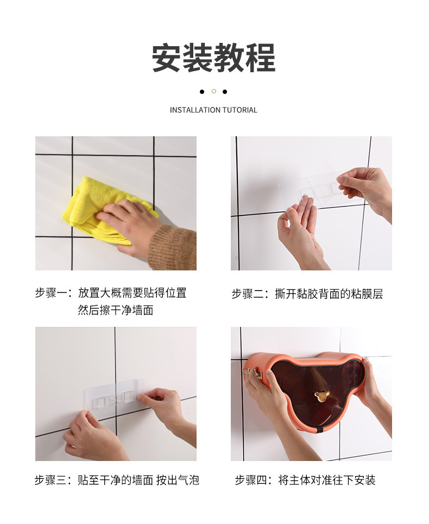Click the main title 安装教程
(213, 58)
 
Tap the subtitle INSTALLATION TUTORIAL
(213, 110)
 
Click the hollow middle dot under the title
(213, 91)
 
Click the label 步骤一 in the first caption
(51, 293)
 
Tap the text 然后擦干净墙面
(115, 311)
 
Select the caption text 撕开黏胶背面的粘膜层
(329, 294)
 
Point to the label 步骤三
(51, 480)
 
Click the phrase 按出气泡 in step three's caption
(178, 480)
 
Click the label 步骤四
(250, 480)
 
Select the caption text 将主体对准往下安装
(327, 480)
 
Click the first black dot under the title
(202, 91)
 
